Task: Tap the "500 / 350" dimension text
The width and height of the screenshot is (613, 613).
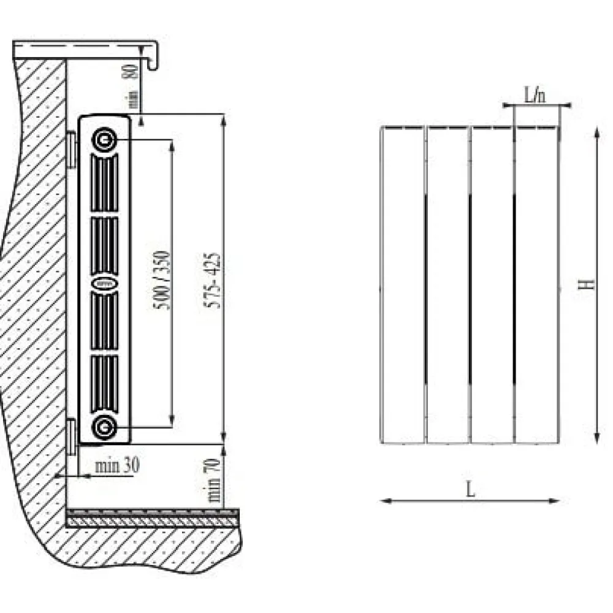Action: pyautogui.click(x=162, y=280)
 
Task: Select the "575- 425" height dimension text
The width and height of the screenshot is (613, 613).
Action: pyautogui.click(x=213, y=281)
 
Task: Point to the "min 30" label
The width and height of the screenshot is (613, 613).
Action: pyautogui.click(x=117, y=465)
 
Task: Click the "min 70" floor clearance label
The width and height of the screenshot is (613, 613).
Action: pyautogui.click(x=214, y=480)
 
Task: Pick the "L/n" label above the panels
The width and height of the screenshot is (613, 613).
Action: pyautogui.click(x=535, y=95)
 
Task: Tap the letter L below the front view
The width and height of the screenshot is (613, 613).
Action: pyautogui.click(x=471, y=489)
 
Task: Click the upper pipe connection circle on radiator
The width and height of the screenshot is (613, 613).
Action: pyautogui.click(x=104, y=139)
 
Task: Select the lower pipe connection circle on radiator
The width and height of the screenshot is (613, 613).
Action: pyautogui.click(x=104, y=428)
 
